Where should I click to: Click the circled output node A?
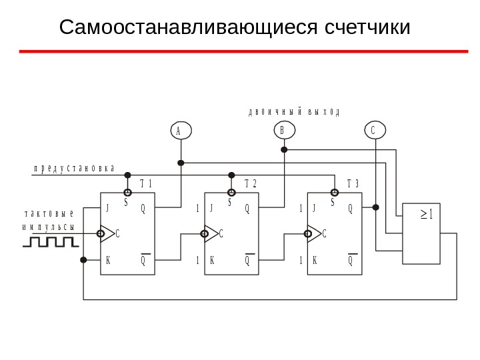(x=181, y=131)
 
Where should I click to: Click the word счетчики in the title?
(x=367, y=28)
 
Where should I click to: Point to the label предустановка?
(x=74, y=168)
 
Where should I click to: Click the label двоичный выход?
(x=294, y=112)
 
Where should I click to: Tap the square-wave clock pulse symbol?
(x=50, y=241)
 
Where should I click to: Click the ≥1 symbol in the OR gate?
(x=427, y=215)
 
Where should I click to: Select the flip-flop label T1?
(x=146, y=184)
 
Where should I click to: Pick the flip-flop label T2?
(x=251, y=184)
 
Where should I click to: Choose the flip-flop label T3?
(x=353, y=184)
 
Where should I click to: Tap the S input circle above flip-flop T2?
(x=231, y=193)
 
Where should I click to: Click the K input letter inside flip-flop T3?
(x=315, y=260)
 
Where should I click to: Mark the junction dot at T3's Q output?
(x=376, y=207)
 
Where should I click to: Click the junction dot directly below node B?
(x=284, y=150)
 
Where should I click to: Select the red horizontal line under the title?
(x=243, y=51)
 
